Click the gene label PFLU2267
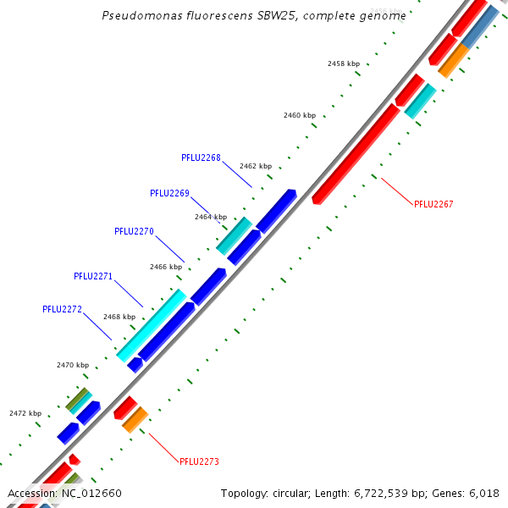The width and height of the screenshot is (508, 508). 433,204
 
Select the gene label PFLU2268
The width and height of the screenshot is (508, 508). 201,157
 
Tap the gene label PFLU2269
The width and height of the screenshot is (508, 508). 169,193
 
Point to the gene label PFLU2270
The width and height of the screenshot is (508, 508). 134,231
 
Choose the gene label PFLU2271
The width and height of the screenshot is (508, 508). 93,276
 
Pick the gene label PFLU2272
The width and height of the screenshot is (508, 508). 62,310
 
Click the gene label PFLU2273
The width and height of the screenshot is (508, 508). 199,461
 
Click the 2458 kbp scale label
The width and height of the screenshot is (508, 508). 344,63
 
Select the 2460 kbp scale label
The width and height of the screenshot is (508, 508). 300,115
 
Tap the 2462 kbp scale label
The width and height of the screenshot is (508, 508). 256,166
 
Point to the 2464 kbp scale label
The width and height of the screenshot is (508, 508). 211,217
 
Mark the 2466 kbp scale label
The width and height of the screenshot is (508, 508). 166,267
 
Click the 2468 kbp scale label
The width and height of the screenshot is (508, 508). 119,317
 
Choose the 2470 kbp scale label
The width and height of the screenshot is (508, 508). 73,365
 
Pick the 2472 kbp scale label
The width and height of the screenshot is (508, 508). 25,413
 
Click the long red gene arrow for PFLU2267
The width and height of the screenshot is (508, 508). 356,152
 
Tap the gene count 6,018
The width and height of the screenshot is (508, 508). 483,494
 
